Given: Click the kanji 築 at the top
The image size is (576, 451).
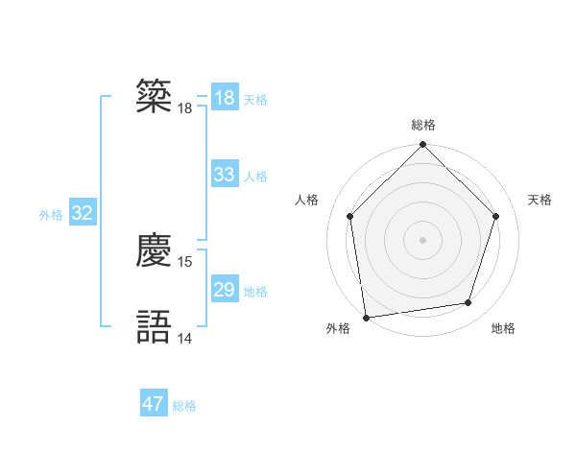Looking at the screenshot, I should (155, 97).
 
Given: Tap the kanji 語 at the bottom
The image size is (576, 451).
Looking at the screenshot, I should (155, 326).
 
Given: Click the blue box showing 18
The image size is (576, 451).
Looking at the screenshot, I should (225, 98).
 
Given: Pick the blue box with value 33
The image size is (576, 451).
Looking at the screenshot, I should (225, 175).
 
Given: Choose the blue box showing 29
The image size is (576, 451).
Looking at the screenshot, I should (225, 290).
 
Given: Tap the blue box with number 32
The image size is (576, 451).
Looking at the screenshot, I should (82, 213).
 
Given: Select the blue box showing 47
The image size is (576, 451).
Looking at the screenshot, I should (154, 404).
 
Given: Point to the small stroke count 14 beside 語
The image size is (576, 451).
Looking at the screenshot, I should (185, 338).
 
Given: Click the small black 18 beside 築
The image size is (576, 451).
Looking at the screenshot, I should (185, 108).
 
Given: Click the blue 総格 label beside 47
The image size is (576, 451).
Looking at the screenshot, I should (184, 406).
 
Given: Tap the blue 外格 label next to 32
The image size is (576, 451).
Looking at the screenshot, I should (51, 215).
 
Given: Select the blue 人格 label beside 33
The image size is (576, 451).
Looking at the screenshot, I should (255, 177).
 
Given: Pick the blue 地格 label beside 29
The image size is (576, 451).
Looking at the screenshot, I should (255, 292).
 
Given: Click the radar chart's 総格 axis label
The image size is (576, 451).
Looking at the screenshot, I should (423, 125).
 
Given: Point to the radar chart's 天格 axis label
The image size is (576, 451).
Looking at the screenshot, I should (540, 200).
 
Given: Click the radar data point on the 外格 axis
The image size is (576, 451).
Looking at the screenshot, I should (366, 317).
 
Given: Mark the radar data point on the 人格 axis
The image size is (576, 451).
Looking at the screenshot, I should (350, 216).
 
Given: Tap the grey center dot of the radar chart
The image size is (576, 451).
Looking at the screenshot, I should (423, 239).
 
